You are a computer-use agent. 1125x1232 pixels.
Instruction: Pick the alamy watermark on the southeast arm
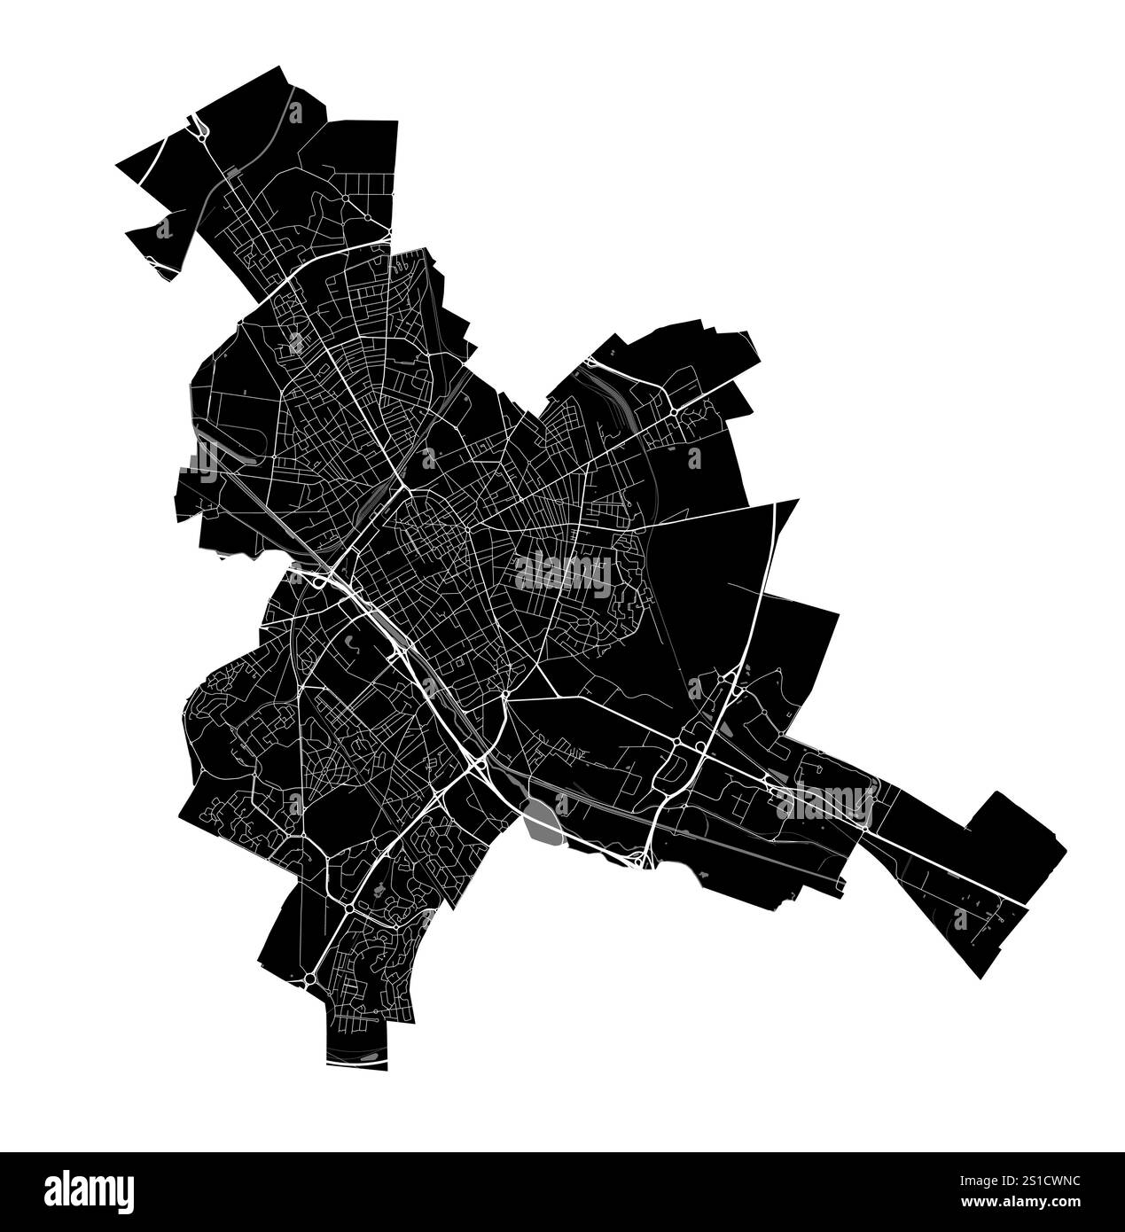click(x=824, y=802)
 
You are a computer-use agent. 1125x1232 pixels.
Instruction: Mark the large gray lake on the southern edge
click(x=542, y=819)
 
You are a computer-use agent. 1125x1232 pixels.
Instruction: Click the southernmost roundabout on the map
click(x=309, y=978)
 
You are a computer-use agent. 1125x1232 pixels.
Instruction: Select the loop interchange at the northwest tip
click(x=200, y=131)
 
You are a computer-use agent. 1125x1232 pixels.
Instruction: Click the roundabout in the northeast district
click(x=675, y=411)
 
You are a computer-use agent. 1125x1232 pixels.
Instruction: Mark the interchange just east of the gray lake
click(x=641, y=856)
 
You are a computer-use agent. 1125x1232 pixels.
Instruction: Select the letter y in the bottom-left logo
click(x=124, y=1192)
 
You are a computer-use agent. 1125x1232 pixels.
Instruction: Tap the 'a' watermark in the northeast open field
click(x=694, y=457)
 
